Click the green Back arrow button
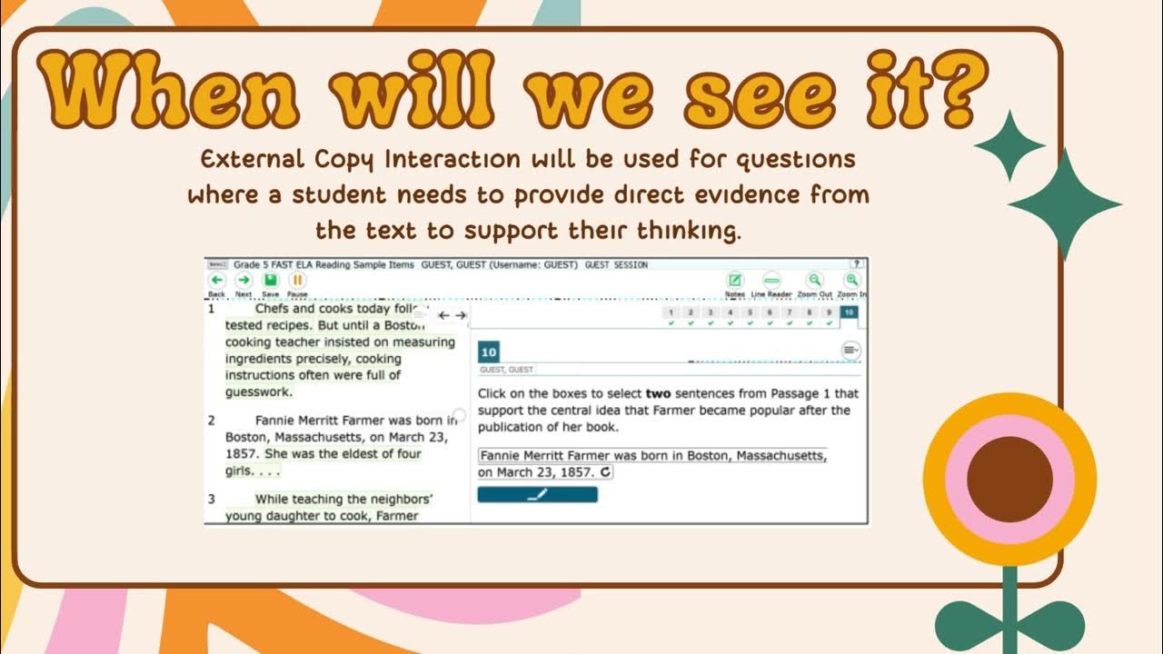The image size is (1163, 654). (x=216, y=281)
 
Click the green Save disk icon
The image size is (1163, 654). (x=270, y=281)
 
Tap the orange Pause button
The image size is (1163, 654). (x=297, y=281)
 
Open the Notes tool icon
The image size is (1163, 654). (x=735, y=281)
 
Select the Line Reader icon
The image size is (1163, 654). (x=771, y=281)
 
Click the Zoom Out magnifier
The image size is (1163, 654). (x=814, y=281)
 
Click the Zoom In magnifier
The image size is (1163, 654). (x=851, y=281)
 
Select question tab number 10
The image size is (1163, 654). (x=848, y=313)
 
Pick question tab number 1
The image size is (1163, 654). (x=671, y=313)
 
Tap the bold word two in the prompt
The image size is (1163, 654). (x=659, y=394)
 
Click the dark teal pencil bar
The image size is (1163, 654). (x=537, y=495)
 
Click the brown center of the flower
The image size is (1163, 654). (x=1009, y=478)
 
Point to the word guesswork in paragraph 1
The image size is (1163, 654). (x=259, y=392)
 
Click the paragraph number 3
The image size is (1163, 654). (x=212, y=499)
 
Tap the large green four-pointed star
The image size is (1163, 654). (x=1064, y=205)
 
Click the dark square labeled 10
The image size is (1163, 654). (x=489, y=352)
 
